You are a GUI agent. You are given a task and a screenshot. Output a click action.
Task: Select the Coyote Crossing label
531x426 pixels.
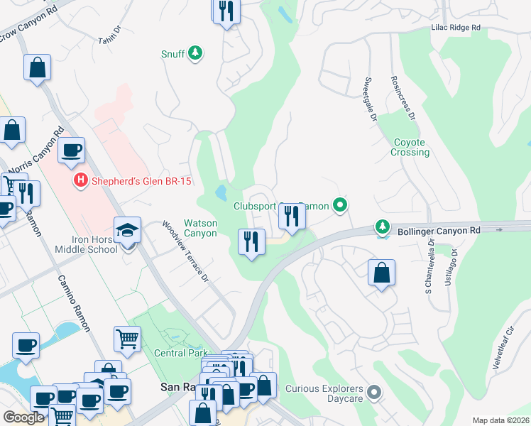tap(410, 147)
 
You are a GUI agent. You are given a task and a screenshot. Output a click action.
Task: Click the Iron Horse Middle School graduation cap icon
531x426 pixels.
tap(128, 231)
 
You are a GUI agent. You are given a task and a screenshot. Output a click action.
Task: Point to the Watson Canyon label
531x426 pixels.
tap(200, 228)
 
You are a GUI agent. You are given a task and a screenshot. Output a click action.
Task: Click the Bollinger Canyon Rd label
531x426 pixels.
tap(439, 230)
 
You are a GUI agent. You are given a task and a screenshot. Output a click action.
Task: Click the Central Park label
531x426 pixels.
tap(181, 353)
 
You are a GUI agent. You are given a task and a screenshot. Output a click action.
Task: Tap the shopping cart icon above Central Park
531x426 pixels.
tap(127, 339)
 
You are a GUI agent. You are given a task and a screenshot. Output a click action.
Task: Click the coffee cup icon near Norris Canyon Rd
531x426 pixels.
tap(71, 150)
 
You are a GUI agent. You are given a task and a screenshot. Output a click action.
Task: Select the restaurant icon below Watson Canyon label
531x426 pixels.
tap(251, 241)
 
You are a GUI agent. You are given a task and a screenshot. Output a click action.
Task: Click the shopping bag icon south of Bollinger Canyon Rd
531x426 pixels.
tap(381, 272)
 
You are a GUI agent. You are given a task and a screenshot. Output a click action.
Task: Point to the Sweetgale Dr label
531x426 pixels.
tap(368, 99)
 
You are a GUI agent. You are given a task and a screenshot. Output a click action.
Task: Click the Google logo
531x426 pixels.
tap(23, 417)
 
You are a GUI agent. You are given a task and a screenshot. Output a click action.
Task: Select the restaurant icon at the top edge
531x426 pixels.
tap(226, 11)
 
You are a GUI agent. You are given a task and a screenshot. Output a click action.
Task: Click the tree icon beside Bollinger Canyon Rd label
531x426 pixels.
tap(383, 226)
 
